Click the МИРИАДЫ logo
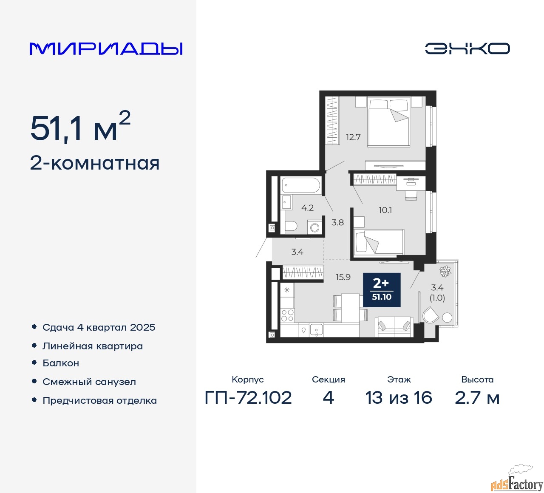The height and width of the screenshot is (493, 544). coord(106,49)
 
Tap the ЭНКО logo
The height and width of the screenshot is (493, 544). coord(467,48)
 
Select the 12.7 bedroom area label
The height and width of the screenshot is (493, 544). coord(353,137)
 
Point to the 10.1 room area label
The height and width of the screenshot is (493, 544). coord(385,210)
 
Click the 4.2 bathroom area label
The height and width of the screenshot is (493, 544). coord(308,208)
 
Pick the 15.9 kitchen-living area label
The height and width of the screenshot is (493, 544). coord(343,277)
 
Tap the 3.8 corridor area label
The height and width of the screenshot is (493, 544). coord(337,222)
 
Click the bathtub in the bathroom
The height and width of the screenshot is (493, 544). coord(301,185)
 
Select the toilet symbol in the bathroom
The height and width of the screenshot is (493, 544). coord(291,226)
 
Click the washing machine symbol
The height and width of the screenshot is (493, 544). coord(314,227)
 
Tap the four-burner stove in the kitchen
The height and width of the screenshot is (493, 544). coord(287,315)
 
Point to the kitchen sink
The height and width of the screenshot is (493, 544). coord(317,331)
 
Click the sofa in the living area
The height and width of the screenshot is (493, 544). coord(394,327)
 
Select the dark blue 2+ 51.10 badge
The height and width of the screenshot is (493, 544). coord(382,290)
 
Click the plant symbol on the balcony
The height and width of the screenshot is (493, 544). coord(445,271)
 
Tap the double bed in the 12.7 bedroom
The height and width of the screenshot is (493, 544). coord(388,122)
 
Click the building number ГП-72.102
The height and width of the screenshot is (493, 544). coord(248,397)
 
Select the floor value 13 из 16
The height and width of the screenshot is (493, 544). coord(399,397)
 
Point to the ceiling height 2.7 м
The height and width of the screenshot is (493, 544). coord(477,397)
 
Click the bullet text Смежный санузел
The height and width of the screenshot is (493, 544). coord(89,382)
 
